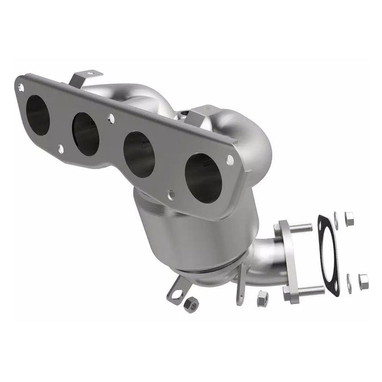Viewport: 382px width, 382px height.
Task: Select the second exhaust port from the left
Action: tap(86, 132)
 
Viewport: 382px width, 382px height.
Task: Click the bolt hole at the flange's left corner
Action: tap(21, 87)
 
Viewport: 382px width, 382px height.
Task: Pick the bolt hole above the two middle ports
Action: tap(111, 117)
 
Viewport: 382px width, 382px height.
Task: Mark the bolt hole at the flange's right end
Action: tap(230, 160)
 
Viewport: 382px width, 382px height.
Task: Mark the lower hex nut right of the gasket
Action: tap(363, 280)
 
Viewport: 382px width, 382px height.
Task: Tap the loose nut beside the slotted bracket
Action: tap(190, 306)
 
